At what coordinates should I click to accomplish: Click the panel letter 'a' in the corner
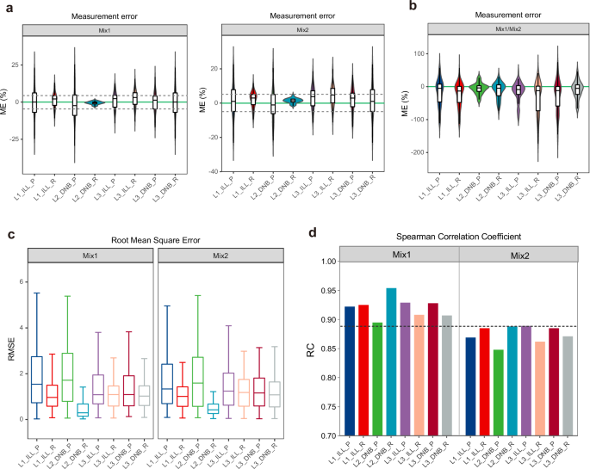tap(6, 7)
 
